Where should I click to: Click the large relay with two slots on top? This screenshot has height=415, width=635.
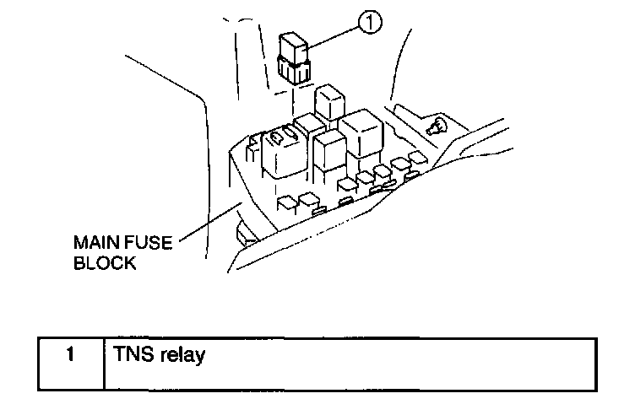coord(283,150)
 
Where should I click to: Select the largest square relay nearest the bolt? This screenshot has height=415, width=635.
coord(362,133)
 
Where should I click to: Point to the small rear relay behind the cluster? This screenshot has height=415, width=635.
coord(328,102)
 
